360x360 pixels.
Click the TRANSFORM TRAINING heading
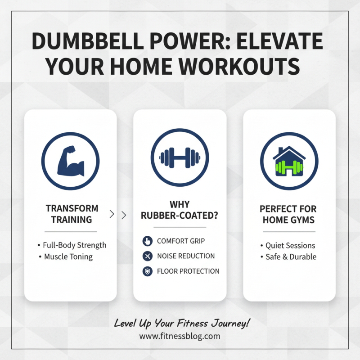click(72, 214)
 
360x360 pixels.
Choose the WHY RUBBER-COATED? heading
click(180, 210)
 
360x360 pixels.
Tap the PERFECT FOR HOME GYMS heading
click(288, 214)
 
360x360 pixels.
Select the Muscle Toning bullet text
click(68, 257)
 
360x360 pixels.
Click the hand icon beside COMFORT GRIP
click(147, 241)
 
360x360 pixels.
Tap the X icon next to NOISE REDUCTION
click(147, 256)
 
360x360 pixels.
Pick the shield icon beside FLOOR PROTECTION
click(147, 271)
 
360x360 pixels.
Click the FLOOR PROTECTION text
click(188, 271)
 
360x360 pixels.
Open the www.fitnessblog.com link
click(180, 336)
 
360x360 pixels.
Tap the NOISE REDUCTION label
click(186, 256)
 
